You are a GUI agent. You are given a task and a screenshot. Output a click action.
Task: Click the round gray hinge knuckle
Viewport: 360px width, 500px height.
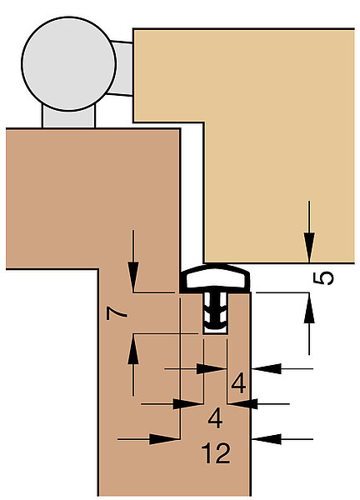68,64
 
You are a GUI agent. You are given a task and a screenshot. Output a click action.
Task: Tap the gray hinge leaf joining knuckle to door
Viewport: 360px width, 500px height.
122,68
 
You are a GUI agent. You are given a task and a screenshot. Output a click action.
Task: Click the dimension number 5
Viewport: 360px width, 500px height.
323,278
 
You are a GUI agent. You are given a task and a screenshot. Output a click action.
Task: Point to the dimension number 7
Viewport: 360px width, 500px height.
117,313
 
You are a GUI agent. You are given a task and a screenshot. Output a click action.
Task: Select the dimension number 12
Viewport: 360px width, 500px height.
216,453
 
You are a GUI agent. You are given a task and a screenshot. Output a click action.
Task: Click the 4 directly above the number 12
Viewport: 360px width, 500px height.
215,418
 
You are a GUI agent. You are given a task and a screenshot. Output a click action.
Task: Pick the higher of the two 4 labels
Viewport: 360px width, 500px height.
238,383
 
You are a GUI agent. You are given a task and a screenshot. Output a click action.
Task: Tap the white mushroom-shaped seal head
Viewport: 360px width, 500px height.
215,278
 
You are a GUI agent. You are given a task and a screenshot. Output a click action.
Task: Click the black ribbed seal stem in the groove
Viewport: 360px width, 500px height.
215,311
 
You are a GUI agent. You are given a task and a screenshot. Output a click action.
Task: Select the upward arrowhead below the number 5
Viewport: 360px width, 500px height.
308,307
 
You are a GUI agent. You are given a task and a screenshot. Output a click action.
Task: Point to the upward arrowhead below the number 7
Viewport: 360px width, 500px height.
133,349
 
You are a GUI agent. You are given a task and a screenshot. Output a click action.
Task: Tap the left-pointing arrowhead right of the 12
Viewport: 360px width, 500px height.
267,439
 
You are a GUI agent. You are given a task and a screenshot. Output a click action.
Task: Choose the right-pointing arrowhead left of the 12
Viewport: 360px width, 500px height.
164,439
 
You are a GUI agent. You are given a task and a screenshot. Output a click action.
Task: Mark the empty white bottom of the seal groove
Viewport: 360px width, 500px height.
215,331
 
